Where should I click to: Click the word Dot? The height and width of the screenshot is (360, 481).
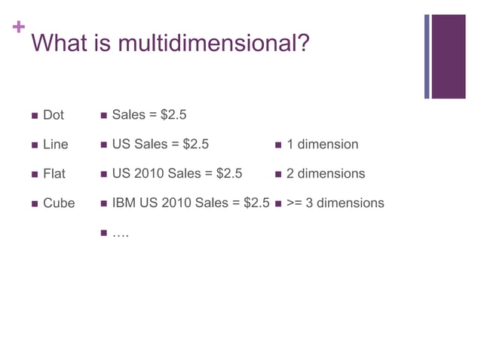54,115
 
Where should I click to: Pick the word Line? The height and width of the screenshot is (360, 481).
56,145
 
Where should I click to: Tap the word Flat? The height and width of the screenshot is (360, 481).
54,174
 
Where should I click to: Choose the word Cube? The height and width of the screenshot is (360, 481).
59,203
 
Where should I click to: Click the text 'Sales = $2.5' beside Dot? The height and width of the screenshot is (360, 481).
149,115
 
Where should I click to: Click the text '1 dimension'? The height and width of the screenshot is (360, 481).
323,145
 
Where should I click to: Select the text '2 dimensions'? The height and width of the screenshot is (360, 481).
326,174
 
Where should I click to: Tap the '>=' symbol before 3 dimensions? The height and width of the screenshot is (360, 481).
295,203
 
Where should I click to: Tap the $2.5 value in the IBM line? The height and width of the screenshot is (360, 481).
255,203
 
